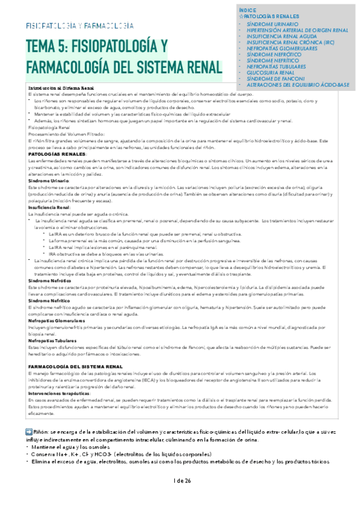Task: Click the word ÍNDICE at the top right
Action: pos(248,11)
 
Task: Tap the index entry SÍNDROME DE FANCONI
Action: pos(275,79)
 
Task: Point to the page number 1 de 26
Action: pos(181,481)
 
